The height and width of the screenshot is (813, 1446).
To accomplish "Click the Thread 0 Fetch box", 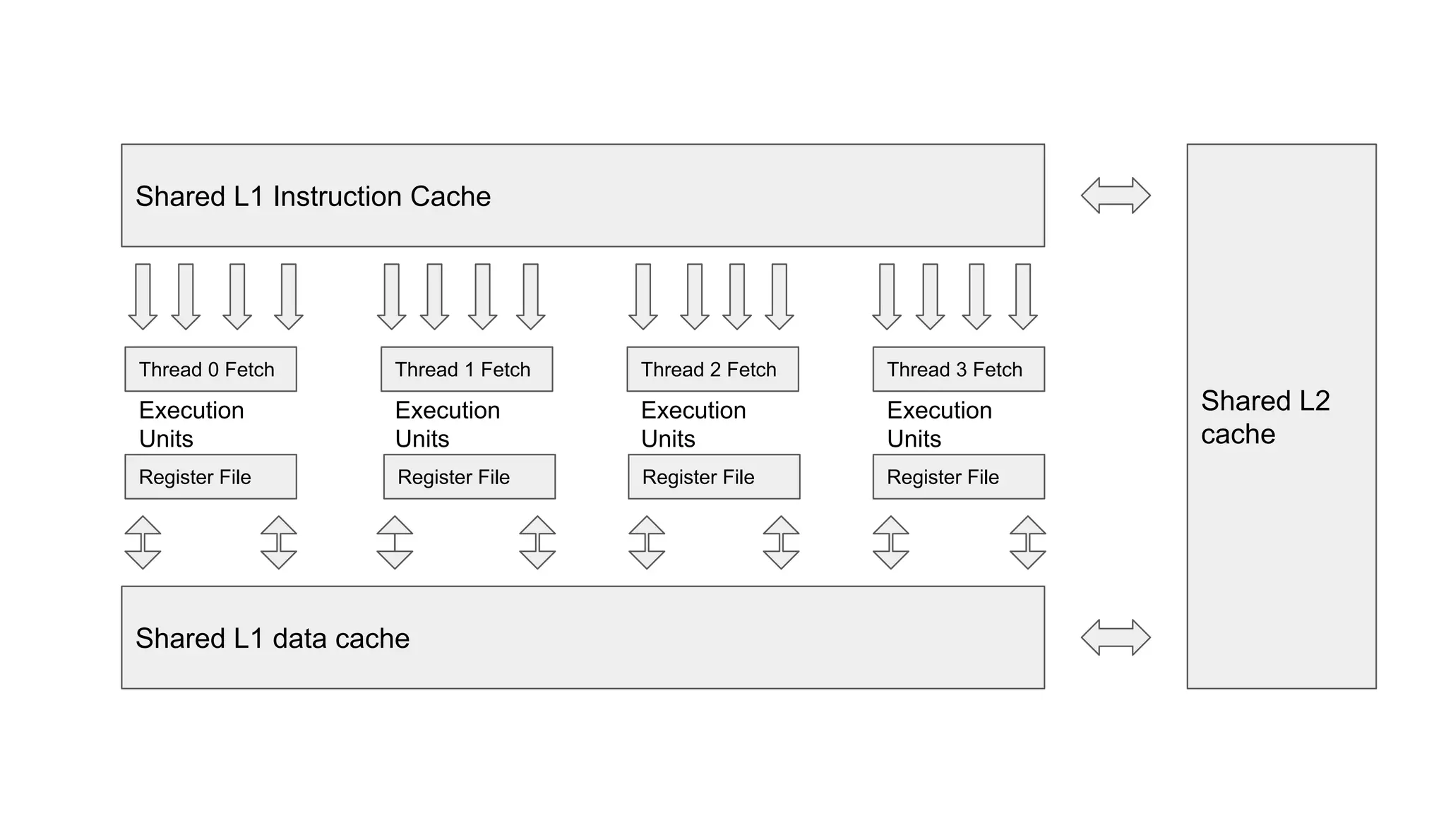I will coord(210,369).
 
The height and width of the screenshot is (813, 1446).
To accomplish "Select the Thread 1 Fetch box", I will coord(466,369).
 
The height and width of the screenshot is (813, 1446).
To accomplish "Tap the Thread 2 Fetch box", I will coord(712,369).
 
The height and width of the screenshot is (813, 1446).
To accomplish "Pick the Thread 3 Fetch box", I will coord(958,369).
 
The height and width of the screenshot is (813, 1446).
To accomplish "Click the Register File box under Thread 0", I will coord(210,477).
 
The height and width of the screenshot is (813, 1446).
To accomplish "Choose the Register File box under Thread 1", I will coord(469,477).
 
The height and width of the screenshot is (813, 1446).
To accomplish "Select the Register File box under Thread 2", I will coord(714,477).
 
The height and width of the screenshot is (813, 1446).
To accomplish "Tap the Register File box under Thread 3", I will coord(958,477).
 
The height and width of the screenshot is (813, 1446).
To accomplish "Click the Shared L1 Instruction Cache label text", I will coord(313,196).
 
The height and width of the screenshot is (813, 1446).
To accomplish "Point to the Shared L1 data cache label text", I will coord(273,638).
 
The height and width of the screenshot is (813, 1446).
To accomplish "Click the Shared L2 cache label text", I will coord(1265,417).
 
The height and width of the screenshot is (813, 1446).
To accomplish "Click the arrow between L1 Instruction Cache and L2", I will coord(1116,195).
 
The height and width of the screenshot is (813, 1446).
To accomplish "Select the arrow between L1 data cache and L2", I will coord(1116,637).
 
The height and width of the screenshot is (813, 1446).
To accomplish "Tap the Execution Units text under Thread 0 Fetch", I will coord(191,424).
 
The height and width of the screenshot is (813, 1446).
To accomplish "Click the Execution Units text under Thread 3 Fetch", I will coord(939,424).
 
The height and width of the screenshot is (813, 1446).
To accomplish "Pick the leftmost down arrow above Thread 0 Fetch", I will coord(143,296).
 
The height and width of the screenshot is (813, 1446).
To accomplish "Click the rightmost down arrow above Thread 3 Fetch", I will coord(1022,296).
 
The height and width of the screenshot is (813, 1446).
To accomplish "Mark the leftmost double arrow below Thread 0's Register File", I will coord(143,542).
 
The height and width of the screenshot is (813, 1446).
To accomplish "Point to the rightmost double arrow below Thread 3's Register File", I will coord(1027,542).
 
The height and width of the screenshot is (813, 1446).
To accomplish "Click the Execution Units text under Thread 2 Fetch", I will coord(693,424).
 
